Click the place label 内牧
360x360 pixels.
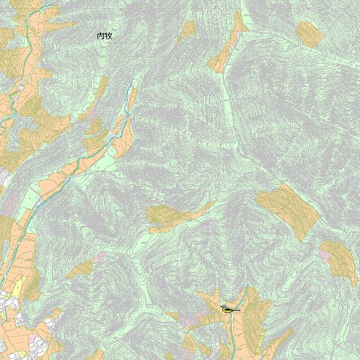[104, 36]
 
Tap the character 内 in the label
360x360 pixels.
[101, 36]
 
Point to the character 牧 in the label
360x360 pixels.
[108, 36]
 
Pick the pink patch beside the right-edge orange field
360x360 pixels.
[325, 255]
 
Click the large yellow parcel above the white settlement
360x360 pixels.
[18, 288]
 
